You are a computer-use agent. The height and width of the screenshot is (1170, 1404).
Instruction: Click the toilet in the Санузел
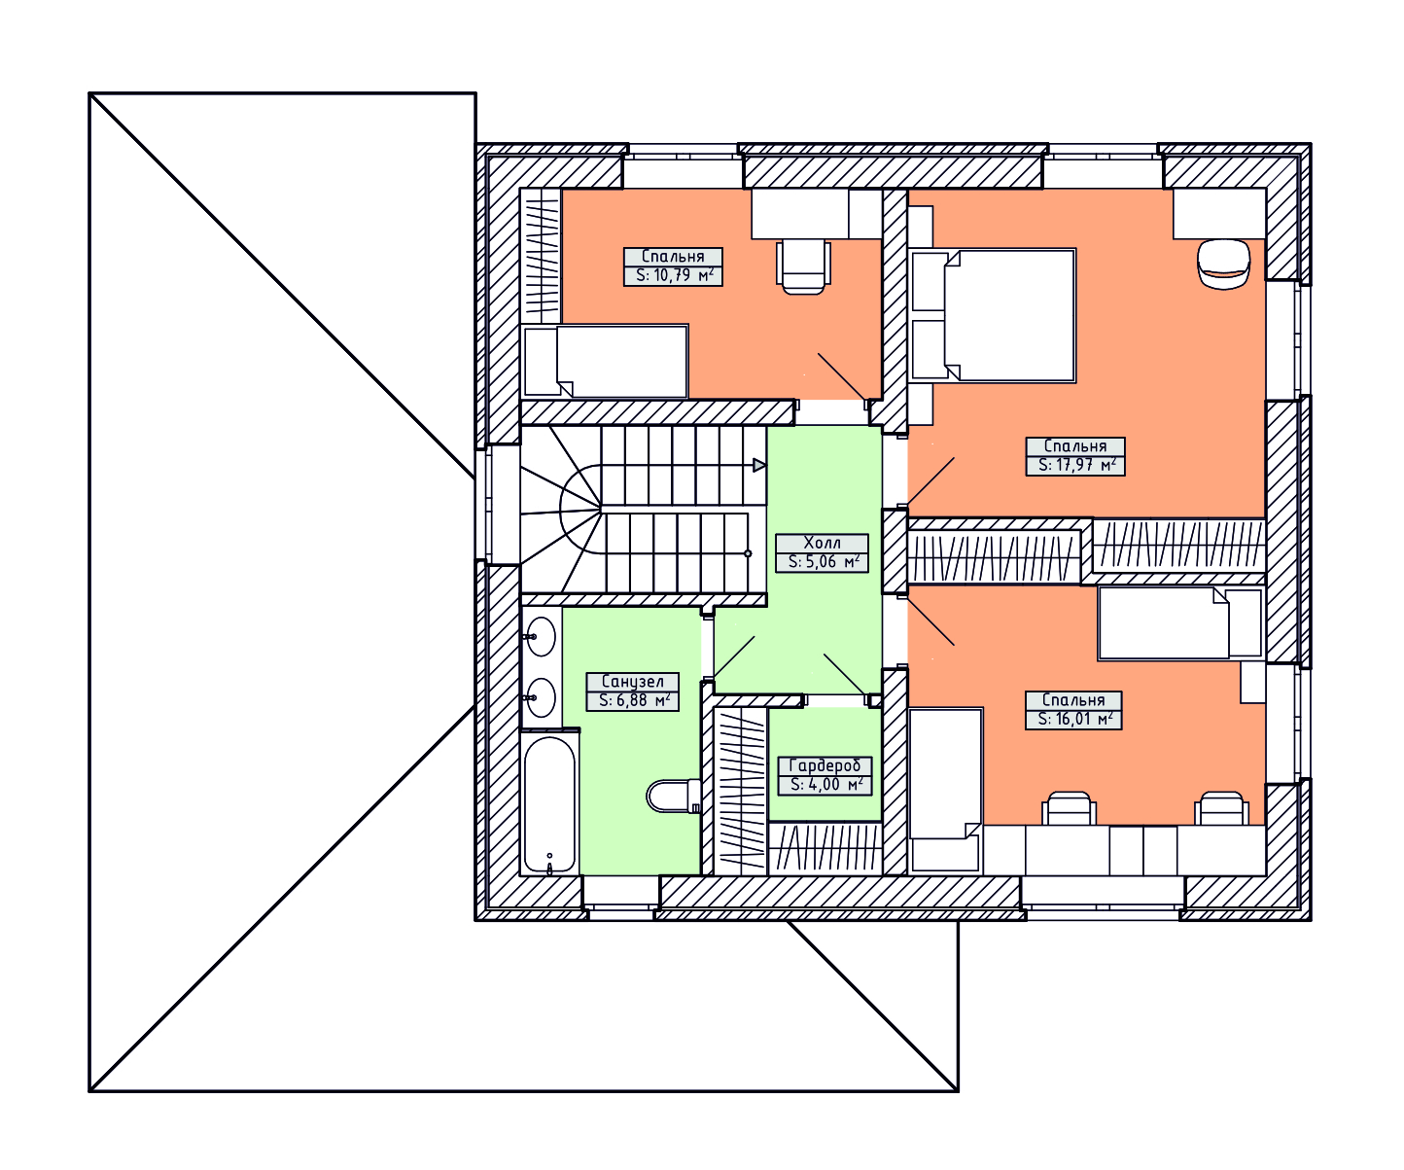[674, 796]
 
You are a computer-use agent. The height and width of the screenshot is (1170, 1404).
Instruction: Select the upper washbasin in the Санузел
[541, 636]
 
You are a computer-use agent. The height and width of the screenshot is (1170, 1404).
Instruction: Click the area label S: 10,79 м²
[674, 275]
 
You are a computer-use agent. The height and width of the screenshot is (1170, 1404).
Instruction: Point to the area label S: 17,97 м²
[1076, 465]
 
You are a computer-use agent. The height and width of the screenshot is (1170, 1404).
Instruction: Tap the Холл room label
[822, 543]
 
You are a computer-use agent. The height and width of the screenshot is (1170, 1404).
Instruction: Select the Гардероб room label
[825, 765]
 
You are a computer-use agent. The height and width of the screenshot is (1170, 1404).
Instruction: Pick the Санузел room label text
[632, 681]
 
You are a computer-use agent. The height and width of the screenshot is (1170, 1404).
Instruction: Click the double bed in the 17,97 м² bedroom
[994, 315]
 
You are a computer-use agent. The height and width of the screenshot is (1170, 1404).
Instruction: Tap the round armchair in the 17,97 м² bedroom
[1224, 265]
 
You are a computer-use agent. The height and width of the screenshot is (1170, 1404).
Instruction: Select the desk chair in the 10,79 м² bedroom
[803, 266]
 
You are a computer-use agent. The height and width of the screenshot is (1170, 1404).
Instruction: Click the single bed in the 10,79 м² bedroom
[605, 362]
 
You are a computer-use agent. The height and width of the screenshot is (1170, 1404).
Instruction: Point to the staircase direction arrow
[759, 465]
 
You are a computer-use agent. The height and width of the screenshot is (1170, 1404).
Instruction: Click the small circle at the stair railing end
[748, 553]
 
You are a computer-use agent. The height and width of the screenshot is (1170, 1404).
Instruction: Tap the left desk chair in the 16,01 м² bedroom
[1070, 808]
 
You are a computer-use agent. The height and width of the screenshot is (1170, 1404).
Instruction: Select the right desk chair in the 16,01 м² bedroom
[1222, 808]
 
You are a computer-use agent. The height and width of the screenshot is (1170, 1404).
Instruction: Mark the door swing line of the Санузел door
[734, 656]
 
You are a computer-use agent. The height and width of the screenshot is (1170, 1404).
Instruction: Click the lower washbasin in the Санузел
[541, 697]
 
